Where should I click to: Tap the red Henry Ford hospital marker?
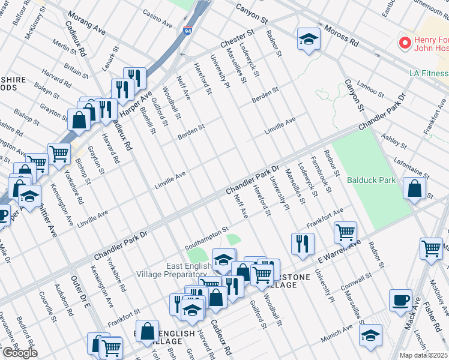[405, 44]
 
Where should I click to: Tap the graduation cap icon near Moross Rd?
[309, 40]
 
